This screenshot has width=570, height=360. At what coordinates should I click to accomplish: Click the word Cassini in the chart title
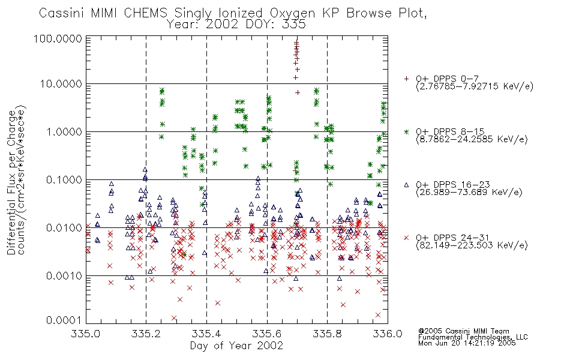[x=61, y=13]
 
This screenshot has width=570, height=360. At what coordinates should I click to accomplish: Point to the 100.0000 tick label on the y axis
[x=58, y=38]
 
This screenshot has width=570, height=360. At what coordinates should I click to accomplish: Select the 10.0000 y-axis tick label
[x=61, y=84]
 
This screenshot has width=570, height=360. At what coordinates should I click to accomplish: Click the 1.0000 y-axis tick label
[x=64, y=131]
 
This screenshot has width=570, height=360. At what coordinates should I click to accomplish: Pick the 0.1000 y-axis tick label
[x=64, y=179]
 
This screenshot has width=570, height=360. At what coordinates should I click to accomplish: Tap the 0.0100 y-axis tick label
[x=64, y=227]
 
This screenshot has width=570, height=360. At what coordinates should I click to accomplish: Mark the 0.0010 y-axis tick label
[x=64, y=275]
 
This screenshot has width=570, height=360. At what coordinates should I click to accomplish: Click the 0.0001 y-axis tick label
[x=64, y=320]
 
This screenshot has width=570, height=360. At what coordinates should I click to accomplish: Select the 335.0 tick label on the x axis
[x=86, y=334]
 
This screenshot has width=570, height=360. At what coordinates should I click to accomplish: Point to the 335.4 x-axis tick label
[x=206, y=334]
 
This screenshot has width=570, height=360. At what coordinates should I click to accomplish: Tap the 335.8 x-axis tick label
[x=327, y=334]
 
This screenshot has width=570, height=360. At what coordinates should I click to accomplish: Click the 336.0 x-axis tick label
[x=388, y=334]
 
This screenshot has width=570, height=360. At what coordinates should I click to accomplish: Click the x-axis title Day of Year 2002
[x=236, y=346]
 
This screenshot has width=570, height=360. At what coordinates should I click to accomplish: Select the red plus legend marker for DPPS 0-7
[x=406, y=79]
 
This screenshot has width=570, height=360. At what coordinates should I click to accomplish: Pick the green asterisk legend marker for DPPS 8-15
[x=406, y=131]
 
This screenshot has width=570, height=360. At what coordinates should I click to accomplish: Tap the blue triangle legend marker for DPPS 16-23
[x=406, y=185]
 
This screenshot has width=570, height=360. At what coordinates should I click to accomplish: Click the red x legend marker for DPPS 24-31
[x=406, y=238]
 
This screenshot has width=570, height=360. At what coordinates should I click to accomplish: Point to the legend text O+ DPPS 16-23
[x=453, y=185]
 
